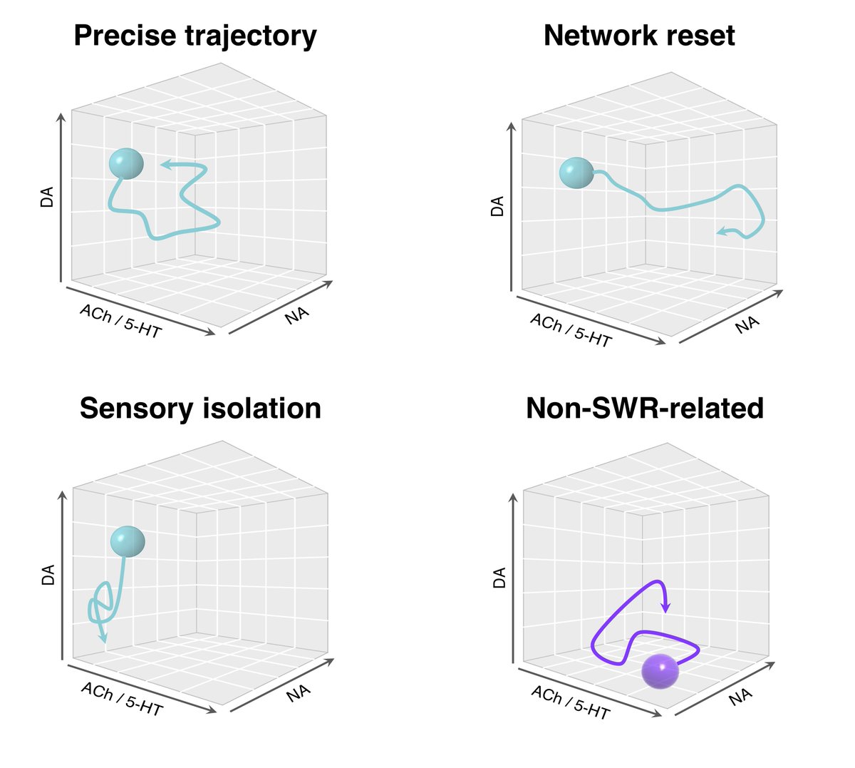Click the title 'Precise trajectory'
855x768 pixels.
(195, 36)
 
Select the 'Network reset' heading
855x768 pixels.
(639, 36)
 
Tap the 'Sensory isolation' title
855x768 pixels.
(200, 409)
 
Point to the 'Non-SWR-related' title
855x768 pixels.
(645, 409)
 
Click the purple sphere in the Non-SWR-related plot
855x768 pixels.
(660, 671)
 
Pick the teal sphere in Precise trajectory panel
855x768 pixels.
(126, 164)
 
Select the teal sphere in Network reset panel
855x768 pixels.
(576, 173)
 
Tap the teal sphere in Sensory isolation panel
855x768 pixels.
(128, 542)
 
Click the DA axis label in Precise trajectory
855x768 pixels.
(47, 198)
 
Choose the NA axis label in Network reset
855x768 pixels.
(747, 325)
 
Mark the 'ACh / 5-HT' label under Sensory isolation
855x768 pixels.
(122, 699)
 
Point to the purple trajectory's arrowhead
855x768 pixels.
(666, 607)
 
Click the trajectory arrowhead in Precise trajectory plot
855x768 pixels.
(166, 165)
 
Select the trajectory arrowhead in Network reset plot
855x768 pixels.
(722, 231)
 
